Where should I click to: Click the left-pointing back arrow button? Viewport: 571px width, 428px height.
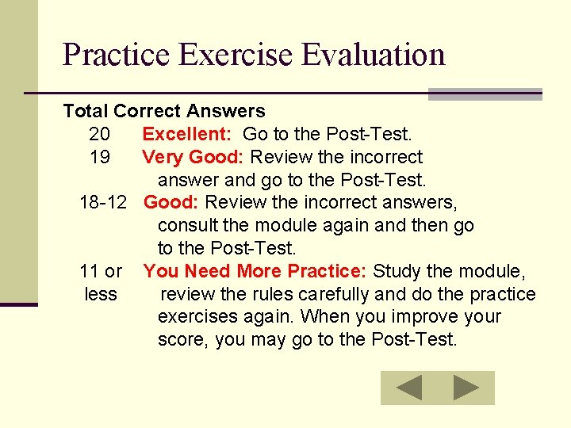409,388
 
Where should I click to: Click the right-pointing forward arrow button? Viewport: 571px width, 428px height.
466,388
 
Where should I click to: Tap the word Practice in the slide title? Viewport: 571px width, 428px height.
117,55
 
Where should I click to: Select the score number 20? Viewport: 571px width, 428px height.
100,134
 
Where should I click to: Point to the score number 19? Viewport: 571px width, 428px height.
100,157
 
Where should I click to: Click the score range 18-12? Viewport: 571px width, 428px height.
103,203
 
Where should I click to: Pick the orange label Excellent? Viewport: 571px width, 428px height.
187,134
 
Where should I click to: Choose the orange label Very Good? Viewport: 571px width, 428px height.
194,157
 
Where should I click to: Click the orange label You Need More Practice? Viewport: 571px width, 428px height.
255,271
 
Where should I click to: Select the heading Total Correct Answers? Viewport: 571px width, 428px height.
163,111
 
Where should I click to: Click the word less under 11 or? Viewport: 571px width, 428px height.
101,294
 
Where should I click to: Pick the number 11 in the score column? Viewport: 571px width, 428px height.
89,271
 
